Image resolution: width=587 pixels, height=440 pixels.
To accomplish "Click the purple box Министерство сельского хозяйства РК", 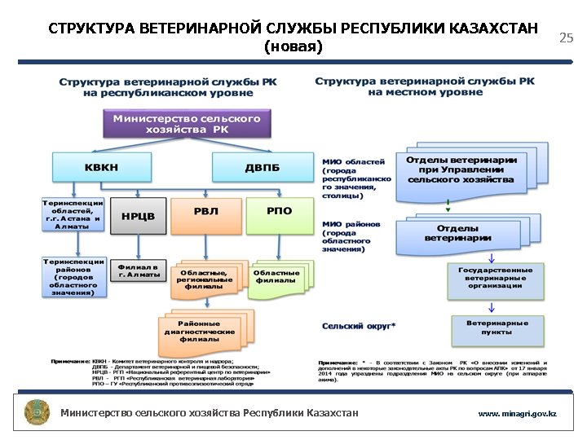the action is [187, 123].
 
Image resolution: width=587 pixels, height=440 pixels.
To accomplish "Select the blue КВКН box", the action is [100, 167].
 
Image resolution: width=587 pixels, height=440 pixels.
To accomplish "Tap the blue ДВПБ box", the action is [262, 167].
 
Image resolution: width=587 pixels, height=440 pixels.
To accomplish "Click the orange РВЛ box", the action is [205, 211].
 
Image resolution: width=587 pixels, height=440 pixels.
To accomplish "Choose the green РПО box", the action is [279, 211].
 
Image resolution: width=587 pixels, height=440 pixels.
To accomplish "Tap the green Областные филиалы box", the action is [277, 275].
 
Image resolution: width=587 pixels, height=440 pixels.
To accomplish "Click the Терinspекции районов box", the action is [73, 276].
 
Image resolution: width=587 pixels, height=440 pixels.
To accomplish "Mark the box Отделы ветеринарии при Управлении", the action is [461, 169].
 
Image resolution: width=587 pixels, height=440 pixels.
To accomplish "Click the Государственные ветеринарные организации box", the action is [495, 277].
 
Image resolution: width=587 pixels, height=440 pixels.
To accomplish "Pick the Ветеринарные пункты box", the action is [497, 328].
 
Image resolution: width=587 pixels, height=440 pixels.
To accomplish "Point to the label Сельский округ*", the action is [359, 326].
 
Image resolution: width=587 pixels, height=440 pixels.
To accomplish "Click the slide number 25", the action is [566, 37].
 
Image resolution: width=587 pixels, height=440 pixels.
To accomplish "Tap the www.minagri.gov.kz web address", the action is [517, 414].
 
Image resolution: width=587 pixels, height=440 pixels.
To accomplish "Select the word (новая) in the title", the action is [293, 46].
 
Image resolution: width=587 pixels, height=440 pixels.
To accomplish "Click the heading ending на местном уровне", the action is [425, 86].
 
